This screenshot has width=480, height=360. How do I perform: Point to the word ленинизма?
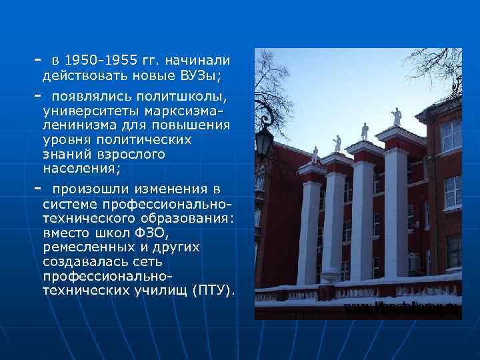79,125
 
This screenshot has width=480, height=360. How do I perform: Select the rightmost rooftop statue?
397,117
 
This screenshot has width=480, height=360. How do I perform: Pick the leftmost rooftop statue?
313,155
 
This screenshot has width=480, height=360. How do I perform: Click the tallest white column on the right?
396,213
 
